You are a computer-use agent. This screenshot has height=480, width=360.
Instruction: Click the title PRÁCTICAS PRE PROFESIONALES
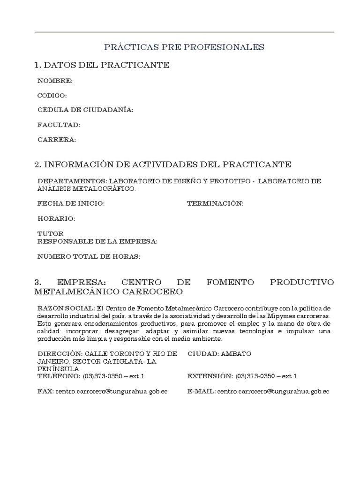point(184,47)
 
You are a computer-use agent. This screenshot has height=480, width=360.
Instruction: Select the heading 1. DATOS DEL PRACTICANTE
point(102,65)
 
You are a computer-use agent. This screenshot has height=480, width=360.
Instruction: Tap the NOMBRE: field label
point(55,81)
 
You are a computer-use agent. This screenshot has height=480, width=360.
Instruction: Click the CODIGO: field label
point(52,96)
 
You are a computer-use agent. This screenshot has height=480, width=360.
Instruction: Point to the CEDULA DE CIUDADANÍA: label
point(85,110)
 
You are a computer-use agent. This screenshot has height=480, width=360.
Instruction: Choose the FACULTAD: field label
point(59,125)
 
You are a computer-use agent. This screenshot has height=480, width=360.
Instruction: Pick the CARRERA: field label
point(56,140)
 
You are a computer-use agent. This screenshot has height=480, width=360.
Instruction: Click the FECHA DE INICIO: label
point(71,203)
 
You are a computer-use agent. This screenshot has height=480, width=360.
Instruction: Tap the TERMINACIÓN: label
point(215,203)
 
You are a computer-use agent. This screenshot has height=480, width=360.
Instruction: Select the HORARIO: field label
point(56,218)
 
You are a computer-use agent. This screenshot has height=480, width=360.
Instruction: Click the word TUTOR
point(51,233)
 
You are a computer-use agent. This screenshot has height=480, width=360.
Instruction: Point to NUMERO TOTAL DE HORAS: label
point(89,256)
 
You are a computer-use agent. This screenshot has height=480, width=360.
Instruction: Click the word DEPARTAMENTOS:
point(72,181)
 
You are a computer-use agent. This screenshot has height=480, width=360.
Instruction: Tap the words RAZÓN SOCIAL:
point(66,308)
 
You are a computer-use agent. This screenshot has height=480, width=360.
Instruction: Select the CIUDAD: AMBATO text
point(217,354)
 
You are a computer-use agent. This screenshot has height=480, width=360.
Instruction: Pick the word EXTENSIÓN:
point(210,376)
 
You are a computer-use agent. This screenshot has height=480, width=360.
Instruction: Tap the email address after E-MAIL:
point(273,391)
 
